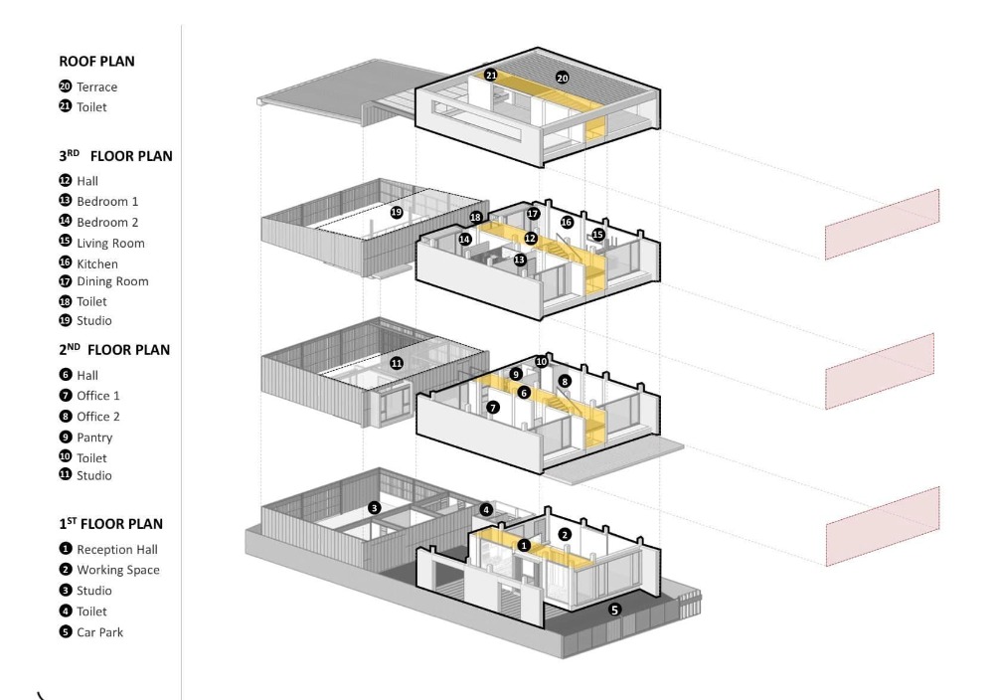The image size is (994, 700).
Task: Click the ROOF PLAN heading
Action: [x=96, y=62]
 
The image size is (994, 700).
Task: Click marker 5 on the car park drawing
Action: [x=614, y=610]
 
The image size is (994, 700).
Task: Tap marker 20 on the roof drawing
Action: [x=562, y=78]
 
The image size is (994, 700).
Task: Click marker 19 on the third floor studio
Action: [x=396, y=212]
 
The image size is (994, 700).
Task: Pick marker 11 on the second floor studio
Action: [x=396, y=364]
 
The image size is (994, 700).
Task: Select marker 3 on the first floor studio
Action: [x=374, y=508]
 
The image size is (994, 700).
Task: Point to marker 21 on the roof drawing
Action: [x=491, y=75]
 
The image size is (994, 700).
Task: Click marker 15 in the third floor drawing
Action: [x=598, y=235]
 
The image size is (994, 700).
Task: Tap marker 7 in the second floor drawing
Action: [x=492, y=408]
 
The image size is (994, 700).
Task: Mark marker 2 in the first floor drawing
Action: [x=565, y=535]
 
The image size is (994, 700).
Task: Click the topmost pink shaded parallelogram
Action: [x=882, y=225]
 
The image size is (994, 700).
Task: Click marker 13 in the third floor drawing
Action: [x=519, y=260]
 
